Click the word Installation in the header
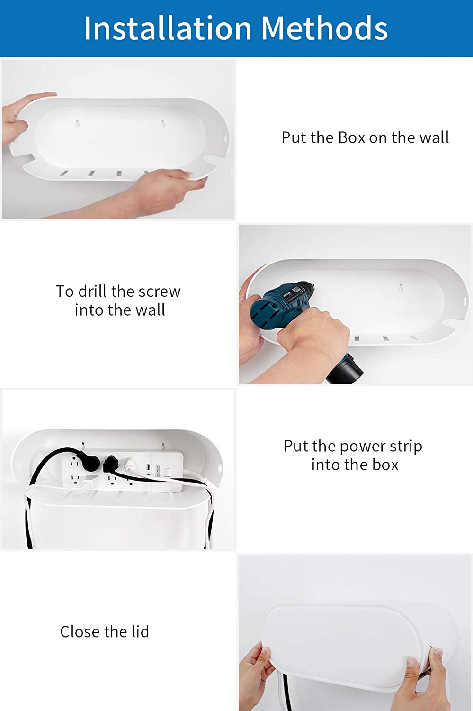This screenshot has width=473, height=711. [x=168, y=28]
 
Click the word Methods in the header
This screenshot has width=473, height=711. [x=324, y=28]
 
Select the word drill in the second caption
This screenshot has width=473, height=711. [x=93, y=291]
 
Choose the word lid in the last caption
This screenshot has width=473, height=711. [x=140, y=631]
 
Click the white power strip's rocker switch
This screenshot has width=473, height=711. [x=168, y=472]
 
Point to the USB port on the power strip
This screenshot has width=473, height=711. [x=147, y=468]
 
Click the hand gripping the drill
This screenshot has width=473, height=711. [x=314, y=333]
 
